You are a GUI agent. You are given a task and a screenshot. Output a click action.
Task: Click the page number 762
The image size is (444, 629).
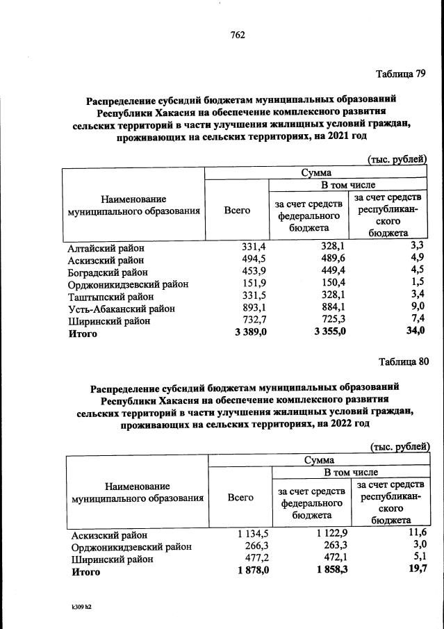click(x=236, y=35)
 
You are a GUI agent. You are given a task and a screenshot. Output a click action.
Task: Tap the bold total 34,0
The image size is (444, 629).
click(x=415, y=333)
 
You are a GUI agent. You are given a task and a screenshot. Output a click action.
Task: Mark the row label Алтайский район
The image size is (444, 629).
click(x=106, y=247)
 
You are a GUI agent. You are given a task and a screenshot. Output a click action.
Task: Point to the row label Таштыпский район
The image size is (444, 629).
click(x=111, y=297)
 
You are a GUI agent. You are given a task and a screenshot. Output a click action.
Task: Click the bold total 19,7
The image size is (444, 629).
click(x=417, y=571)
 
